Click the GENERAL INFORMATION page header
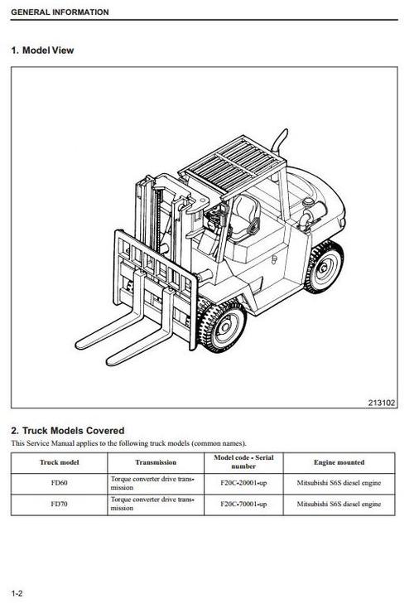point(60,12)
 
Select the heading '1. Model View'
point(42,51)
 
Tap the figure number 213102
point(381,403)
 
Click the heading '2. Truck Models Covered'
point(68,431)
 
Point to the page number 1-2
point(17,593)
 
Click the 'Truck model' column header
point(60,462)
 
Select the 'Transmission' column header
point(156,462)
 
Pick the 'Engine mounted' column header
point(339,462)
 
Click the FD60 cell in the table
point(60,483)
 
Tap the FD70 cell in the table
point(60,504)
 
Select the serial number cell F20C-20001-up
point(243,483)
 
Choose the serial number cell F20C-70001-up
point(243,504)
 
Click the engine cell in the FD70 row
point(339,504)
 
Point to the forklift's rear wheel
point(324,267)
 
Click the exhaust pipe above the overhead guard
point(280,142)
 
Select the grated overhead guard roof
point(233,163)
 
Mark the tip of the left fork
point(78,345)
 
